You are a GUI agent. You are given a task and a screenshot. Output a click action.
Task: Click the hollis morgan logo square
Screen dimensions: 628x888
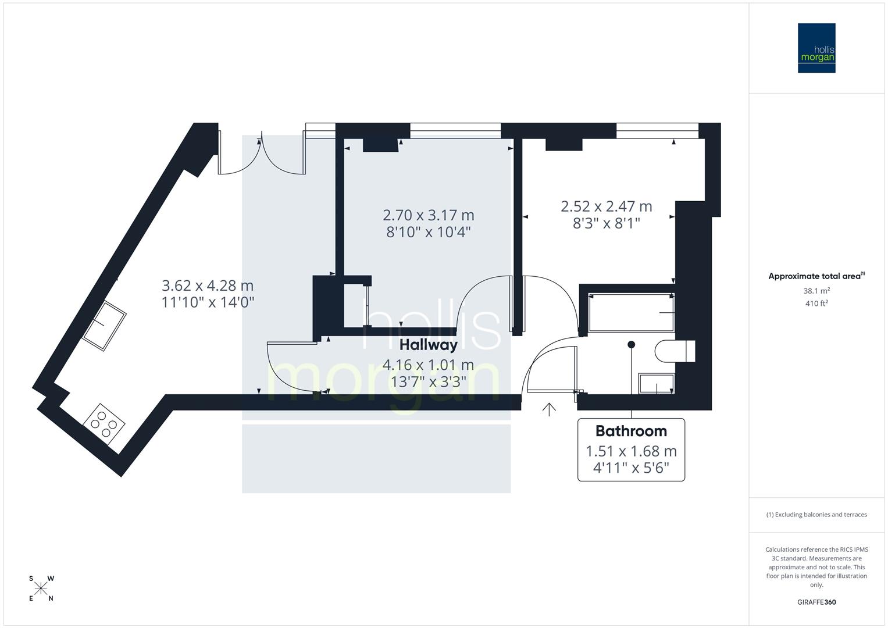(x=816, y=48)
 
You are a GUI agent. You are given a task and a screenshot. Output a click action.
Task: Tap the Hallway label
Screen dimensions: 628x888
(x=428, y=345)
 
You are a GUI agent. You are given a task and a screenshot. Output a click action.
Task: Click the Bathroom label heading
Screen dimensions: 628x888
(x=631, y=431)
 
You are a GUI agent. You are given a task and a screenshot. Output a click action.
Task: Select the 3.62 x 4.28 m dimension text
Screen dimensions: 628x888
(x=208, y=286)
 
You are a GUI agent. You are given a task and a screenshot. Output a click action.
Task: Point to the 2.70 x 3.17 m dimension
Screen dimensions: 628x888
(x=428, y=215)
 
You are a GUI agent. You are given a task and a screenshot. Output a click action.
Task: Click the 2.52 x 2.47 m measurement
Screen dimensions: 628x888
(x=606, y=206)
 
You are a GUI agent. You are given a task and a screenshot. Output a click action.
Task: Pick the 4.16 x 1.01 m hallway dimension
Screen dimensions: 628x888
(x=428, y=365)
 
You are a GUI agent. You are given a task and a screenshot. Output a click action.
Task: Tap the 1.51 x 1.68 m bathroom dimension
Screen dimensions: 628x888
(x=631, y=451)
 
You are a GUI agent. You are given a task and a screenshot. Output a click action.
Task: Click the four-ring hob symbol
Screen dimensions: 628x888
(x=104, y=424)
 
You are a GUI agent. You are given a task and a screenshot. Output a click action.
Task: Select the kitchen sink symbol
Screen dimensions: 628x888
(x=104, y=326)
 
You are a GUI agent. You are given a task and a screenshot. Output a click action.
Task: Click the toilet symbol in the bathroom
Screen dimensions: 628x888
(x=675, y=351)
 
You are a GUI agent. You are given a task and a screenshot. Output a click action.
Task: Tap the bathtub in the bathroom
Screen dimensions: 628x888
(x=631, y=313)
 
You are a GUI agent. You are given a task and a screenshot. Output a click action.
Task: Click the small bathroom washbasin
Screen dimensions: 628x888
(x=656, y=384)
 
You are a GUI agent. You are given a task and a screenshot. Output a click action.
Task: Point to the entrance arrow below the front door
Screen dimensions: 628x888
(x=548, y=409)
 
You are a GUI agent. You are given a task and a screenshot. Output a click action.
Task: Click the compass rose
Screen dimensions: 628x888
(x=41, y=588)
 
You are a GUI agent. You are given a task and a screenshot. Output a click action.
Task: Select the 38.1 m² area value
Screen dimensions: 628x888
(x=816, y=291)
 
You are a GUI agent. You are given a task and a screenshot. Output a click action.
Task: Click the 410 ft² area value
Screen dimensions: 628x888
(x=816, y=303)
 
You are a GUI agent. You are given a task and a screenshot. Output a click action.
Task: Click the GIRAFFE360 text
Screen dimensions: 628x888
(x=816, y=602)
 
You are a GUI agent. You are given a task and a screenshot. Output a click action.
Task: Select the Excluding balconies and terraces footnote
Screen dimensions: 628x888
(x=816, y=515)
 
